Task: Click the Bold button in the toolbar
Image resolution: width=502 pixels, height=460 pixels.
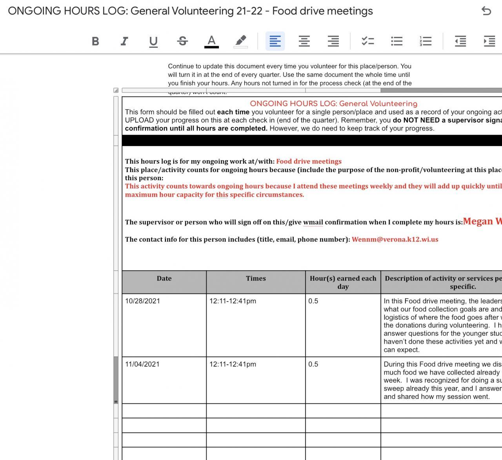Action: (x=95, y=41)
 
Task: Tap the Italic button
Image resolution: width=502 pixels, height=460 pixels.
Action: (x=124, y=41)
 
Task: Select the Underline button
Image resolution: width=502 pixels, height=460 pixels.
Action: (x=153, y=41)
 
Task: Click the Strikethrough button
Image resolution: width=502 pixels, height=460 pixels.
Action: (x=182, y=41)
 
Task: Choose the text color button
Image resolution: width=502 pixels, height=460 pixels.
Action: (x=211, y=41)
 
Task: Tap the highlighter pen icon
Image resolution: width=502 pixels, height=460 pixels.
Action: (x=240, y=41)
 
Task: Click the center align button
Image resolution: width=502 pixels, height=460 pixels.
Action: (x=304, y=41)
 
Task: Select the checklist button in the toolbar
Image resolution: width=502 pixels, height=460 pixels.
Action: (x=367, y=41)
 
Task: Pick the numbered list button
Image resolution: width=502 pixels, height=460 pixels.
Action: (x=426, y=41)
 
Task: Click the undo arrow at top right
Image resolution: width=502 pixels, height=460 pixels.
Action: (x=486, y=11)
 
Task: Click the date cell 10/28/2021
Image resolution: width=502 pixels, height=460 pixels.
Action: (x=142, y=301)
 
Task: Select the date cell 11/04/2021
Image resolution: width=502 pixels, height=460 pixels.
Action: (x=142, y=364)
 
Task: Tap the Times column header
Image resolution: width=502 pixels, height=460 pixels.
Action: (x=256, y=279)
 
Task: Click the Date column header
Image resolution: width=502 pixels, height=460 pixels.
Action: (x=164, y=279)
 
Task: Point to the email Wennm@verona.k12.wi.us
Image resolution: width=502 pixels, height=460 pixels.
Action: (x=395, y=239)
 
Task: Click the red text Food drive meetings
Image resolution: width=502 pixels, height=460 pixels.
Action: (x=309, y=161)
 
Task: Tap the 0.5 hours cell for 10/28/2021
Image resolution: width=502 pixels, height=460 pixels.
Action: (x=313, y=301)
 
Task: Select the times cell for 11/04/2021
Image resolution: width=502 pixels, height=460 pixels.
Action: (x=233, y=364)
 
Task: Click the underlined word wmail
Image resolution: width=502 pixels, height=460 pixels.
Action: (x=313, y=222)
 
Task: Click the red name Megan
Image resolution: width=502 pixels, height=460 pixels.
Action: (x=478, y=221)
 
